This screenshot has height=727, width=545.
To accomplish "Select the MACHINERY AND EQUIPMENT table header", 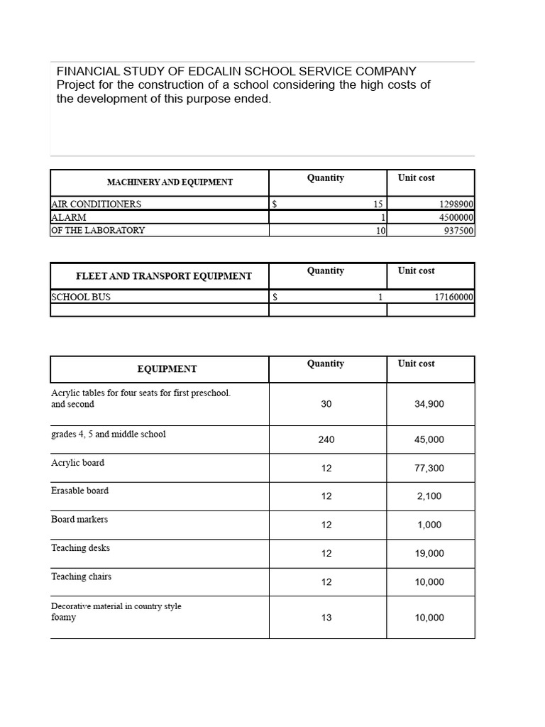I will (x=170, y=182).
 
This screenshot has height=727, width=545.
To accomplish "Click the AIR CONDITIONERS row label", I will (x=97, y=204).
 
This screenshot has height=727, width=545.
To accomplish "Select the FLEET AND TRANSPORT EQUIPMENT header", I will (x=163, y=275).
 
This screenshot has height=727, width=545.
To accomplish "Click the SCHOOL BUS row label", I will (x=81, y=297).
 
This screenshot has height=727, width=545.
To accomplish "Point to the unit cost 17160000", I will (x=453, y=297).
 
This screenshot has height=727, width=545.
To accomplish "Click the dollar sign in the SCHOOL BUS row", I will (x=275, y=297).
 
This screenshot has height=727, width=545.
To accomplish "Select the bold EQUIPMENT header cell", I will (x=167, y=369).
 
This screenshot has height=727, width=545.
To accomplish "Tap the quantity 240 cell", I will (x=326, y=439).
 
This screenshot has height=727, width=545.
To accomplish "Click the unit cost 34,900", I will (x=429, y=404).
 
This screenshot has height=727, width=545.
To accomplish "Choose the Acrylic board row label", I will (x=78, y=463).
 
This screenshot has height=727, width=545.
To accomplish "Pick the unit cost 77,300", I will (x=429, y=469).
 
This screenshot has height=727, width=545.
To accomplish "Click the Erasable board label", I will (x=80, y=491).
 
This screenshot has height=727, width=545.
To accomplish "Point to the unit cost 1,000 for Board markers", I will (x=429, y=525).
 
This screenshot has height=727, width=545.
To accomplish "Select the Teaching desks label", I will (x=81, y=548).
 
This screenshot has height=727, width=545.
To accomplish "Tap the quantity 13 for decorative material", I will (x=326, y=618).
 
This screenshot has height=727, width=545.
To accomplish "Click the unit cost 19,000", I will (x=429, y=554).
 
